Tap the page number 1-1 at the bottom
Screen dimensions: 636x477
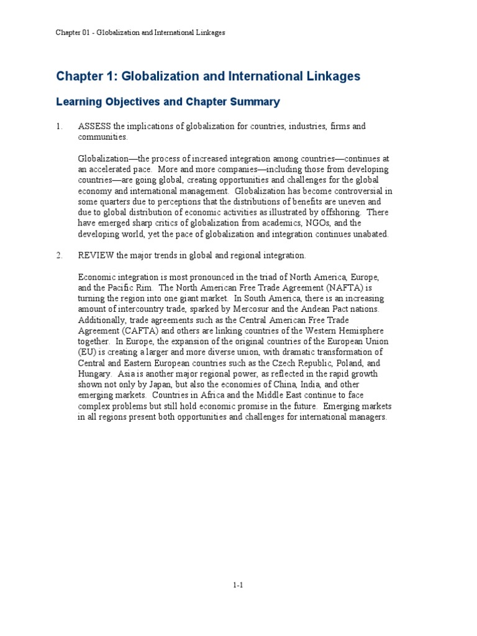click(x=238, y=584)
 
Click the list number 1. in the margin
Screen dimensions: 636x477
click(x=60, y=127)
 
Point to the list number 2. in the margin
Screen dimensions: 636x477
click(x=60, y=255)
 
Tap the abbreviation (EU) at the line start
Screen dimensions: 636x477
click(x=87, y=352)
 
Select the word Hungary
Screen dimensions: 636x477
click(x=94, y=374)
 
